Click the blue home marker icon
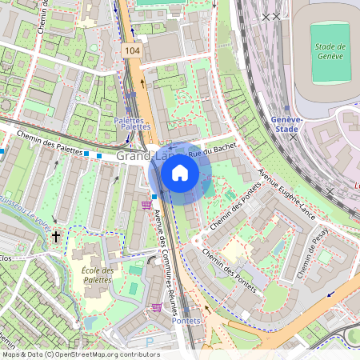(x=180, y=173)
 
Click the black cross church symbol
(x=55, y=237)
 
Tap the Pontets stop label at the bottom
(x=188, y=321)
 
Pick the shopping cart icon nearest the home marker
(x=146, y=206)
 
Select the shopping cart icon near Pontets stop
(x=157, y=307)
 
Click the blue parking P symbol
(x=149, y=342)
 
